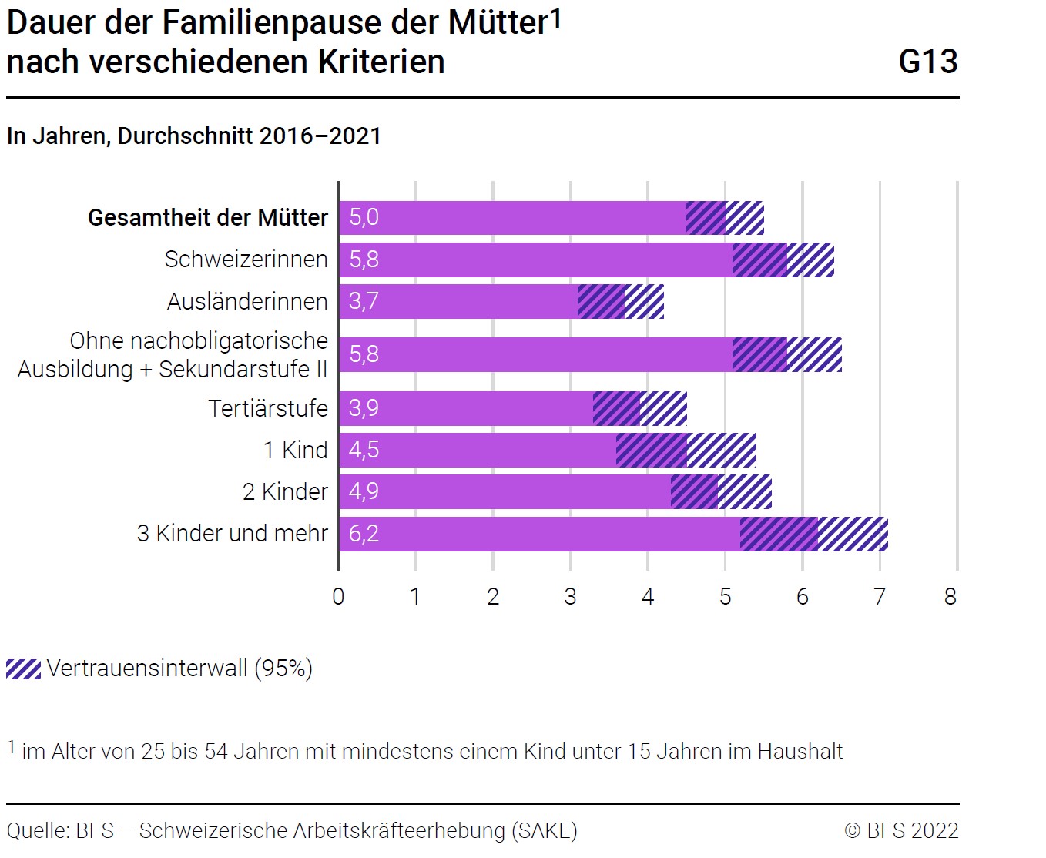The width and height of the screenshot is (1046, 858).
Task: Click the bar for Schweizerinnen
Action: point(539,260)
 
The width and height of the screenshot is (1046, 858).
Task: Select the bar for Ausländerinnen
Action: point(462,301)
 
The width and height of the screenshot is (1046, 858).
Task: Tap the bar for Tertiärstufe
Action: point(470,408)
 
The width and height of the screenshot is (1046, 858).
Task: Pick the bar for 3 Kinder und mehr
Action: point(539,534)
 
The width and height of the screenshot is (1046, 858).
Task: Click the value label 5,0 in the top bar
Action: point(364,217)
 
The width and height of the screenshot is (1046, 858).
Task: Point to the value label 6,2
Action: point(364,534)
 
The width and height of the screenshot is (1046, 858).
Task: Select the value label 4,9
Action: point(364,491)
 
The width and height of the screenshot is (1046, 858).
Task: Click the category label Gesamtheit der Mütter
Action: point(208,218)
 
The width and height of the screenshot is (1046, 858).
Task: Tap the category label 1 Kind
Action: point(296,450)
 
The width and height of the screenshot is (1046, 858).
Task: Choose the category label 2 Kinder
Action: point(285,491)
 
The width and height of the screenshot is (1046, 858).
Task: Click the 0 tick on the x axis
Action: point(338,597)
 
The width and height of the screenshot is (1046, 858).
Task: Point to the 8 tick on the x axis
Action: point(950,597)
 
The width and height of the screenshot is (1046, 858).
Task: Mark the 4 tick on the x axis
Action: point(648,597)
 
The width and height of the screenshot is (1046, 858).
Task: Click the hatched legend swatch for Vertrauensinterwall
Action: point(23,669)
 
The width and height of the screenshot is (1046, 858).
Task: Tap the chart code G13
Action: point(928,62)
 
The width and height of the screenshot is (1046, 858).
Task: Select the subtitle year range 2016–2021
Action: point(320,136)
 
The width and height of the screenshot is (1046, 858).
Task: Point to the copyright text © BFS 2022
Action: point(901,831)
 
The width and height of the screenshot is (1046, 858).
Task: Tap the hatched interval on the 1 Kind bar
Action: point(686,450)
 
